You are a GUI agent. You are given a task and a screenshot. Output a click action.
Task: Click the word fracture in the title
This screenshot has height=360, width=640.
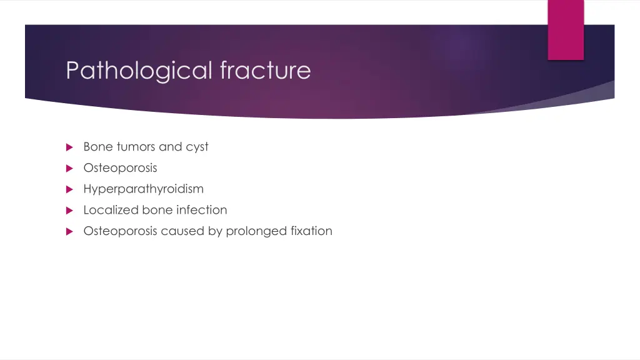265,70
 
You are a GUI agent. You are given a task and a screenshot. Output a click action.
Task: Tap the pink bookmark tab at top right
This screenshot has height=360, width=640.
566,30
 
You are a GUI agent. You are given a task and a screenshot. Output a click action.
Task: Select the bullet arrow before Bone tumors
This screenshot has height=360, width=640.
69,147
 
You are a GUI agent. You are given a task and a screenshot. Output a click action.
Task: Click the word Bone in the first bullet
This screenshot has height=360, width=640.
98,147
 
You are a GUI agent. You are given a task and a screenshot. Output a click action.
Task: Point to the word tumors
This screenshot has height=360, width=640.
136,147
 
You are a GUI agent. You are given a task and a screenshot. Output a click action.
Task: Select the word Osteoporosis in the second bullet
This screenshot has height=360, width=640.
120,168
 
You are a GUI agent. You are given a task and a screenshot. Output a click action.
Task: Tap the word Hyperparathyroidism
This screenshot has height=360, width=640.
143,189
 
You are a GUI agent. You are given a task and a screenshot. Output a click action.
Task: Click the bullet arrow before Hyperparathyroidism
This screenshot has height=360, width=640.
69,189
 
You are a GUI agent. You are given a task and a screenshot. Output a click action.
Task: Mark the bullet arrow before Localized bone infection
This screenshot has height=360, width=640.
69,211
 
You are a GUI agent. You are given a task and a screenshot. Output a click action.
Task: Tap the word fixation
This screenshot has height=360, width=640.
311,231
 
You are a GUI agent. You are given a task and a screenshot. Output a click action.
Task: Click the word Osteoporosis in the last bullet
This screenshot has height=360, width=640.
120,231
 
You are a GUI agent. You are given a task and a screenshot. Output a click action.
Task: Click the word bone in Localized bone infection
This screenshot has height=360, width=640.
157,210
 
